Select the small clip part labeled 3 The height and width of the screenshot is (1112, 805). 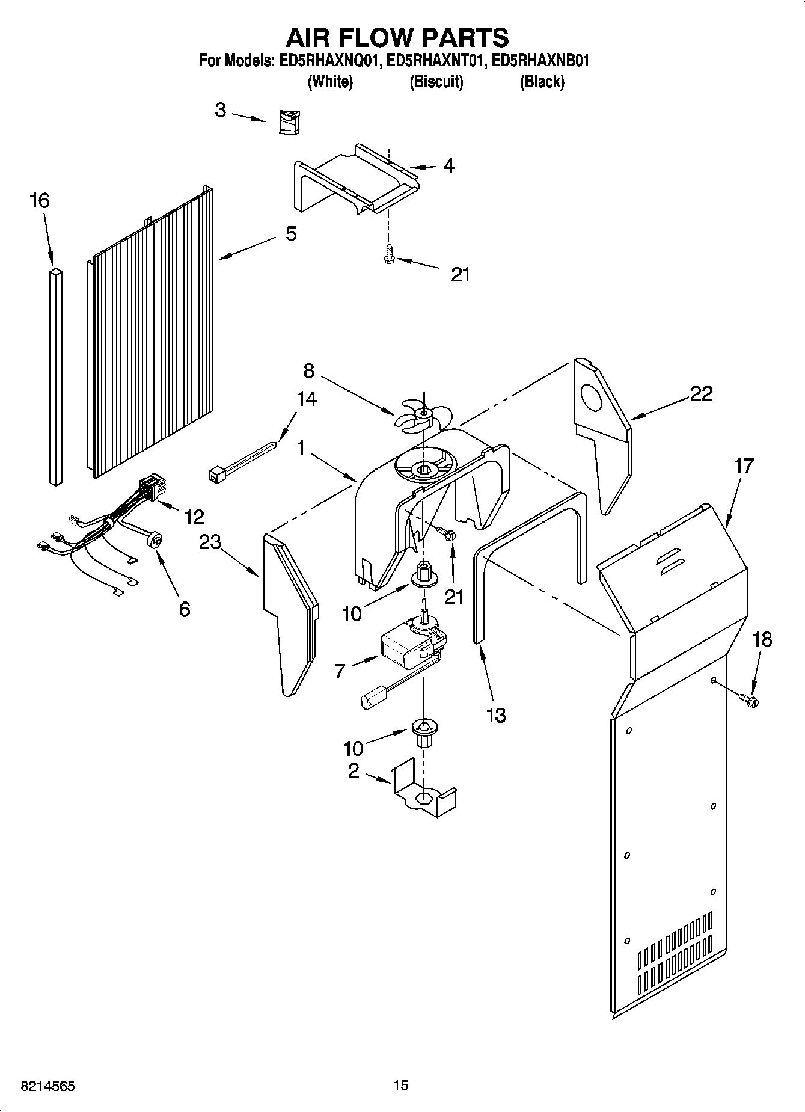[x=290, y=122]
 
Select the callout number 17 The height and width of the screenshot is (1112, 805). [x=744, y=465]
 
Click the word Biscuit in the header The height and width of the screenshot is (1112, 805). [x=436, y=82]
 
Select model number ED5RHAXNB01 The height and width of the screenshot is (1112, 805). [x=540, y=60]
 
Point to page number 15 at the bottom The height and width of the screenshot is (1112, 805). [x=401, y=1085]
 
